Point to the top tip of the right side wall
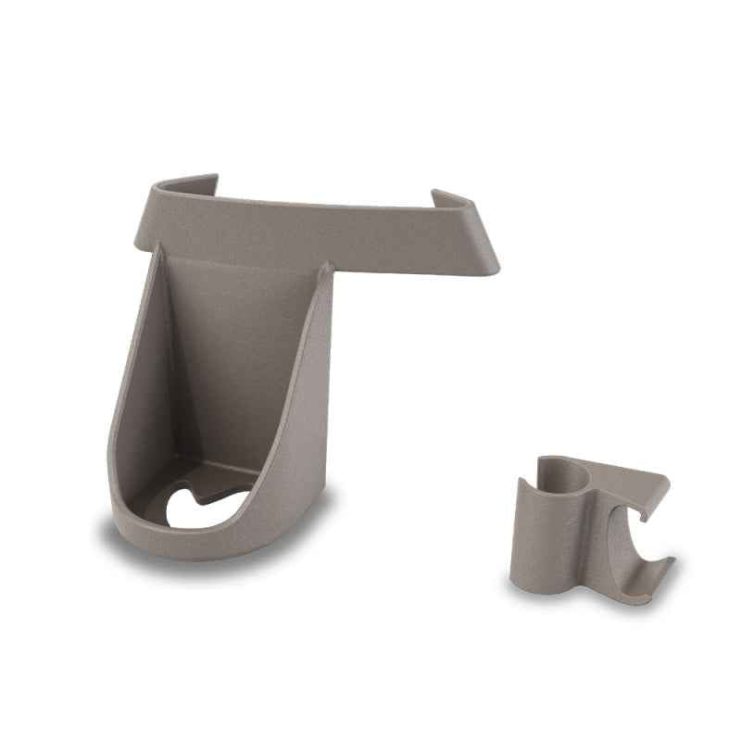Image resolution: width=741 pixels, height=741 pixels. click(x=327, y=268)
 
